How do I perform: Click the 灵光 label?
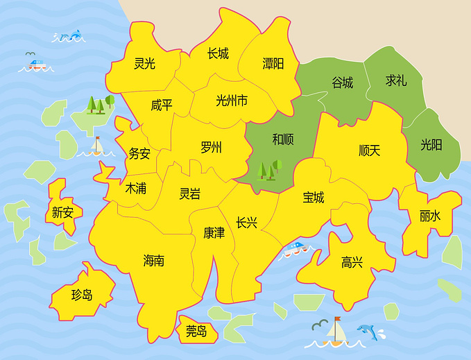(x=144, y=64)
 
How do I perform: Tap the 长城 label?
(x=218, y=53)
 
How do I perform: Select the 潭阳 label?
(x=273, y=64)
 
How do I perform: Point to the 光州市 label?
(x=232, y=101)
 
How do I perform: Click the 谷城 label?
(x=342, y=83)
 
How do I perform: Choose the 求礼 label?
(x=396, y=80)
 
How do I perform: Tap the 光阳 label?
(x=431, y=145)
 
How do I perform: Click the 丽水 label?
(x=429, y=216)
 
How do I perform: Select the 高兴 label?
(x=352, y=262)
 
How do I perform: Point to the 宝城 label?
(x=313, y=198)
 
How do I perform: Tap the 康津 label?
(x=214, y=232)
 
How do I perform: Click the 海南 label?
(x=153, y=261)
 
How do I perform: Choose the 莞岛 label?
(x=196, y=332)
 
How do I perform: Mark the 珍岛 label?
(x=82, y=295)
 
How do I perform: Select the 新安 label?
(x=62, y=212)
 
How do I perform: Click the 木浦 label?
(x=135, y=187)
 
